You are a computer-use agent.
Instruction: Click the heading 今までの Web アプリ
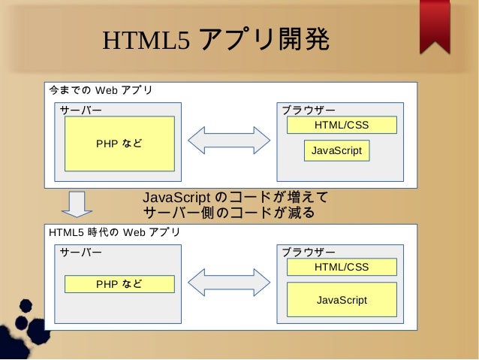pyautogui.click(x=101, y=91)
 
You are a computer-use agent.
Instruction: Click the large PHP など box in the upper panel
pyautogui.click(x=119, y=144)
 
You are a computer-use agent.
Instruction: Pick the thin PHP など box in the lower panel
pyautogui.click(x=119, y=284)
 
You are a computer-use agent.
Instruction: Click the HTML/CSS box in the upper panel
pyautogui.click(x=342, y=125)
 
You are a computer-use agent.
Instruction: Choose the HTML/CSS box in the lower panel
pyautogui.click(x=342, y=267)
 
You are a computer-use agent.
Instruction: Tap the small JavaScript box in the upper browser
pyautogui.click(x=336, y=151)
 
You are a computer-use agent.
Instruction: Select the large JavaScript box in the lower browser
pyautogui.click(x=342, y=300)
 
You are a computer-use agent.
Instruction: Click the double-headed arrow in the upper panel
pyautogui.click(x=228, y=141)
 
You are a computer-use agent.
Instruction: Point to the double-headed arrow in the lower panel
pyautogui.click(x=228, y=282)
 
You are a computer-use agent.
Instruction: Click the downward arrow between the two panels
pyautogui.click(x=75, y=204)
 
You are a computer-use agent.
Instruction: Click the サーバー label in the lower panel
pyautogui.click(x=80, y=252)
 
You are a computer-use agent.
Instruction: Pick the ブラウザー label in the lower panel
pyautogui.click(x=309, y=252)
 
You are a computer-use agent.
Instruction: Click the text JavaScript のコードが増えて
pyautogui.click(x=236, y=198)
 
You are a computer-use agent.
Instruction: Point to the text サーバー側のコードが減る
pyautogui.click(x=228, y=213)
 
